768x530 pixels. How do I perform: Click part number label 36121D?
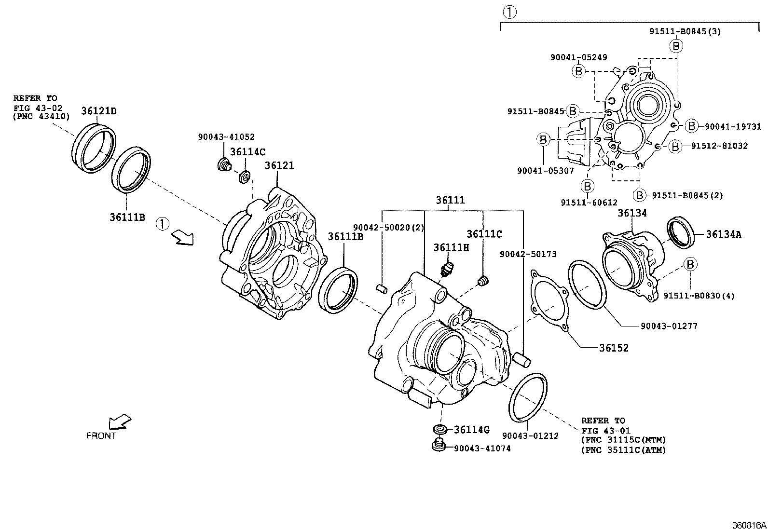(98, 111)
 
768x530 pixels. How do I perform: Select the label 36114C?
(247, 152)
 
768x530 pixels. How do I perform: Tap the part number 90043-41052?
(226, 137)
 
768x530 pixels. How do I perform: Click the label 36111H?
(451, 247)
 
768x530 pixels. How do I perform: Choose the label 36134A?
(723, 234)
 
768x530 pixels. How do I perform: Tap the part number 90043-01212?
(530, 435)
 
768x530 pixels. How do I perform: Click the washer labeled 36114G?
(439, 430)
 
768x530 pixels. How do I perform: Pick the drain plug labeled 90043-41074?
(438, 446)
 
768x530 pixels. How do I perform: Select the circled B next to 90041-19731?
(691, 126)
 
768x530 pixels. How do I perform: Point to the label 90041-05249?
(578, 57)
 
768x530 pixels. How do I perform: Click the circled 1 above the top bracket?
(509, 12)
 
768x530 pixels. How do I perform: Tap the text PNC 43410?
(41, 116)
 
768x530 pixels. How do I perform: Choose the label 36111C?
(484, 234)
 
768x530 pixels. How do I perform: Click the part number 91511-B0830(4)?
(699, 296)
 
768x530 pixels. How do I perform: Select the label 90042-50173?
(528, 254)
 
